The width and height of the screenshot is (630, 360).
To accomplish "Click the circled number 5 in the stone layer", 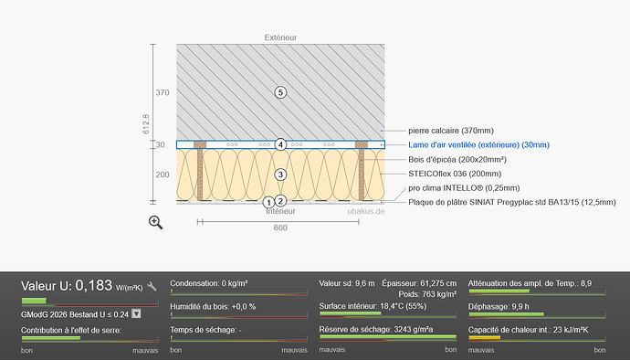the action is [x=280, y=92].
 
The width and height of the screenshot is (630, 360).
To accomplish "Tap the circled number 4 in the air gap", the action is [x=280, y=144].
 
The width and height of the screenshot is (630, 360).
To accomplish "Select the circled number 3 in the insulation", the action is [x=280, y=175].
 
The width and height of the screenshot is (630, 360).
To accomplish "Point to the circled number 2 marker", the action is [x=280, y=201].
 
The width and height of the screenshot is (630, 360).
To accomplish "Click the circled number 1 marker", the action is [x=268, y=202].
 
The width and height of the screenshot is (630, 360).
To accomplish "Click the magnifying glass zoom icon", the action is [x=155, y=222].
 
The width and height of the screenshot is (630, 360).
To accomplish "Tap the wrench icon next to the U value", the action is [x=152, y=286].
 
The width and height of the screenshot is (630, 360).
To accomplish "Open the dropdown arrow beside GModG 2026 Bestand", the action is [x=136, y=313].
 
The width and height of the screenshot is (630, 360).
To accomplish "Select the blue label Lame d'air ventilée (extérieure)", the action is [x=479, y=144].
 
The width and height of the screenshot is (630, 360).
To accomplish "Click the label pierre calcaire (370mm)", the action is [x=451, y=131].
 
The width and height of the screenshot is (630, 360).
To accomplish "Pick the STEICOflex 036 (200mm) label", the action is [x=455, y=174].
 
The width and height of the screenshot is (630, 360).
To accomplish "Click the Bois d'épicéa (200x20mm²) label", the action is [x=457, y=159].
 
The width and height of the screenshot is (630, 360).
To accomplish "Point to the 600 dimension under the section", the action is [x=280, y=228].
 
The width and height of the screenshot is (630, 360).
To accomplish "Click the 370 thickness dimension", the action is [x=163, y=92].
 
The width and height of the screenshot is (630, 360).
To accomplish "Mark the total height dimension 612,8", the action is [x=145, y=124].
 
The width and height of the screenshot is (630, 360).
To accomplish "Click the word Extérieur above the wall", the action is [x=280, y=37].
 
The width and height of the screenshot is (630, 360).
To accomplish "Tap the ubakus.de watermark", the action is [x=366, y=211].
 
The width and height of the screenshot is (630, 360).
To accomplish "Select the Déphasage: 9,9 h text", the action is [x=499, y=306].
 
